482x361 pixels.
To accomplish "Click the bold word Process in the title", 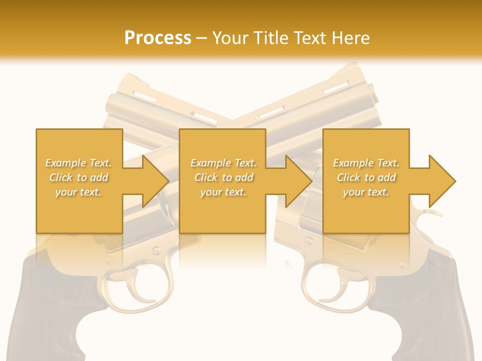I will click(x=158, y=38).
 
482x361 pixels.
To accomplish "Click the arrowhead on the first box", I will click(x=156, y=180).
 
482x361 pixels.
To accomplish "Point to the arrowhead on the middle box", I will click(x=299, y=180).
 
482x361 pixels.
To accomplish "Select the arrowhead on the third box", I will click(x=442, y=180).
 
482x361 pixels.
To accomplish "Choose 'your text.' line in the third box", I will click(x=366, y=192).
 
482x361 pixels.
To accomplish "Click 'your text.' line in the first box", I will click(x=78, y=192).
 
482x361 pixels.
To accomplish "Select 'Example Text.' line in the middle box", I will click(x=223, y=163).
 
